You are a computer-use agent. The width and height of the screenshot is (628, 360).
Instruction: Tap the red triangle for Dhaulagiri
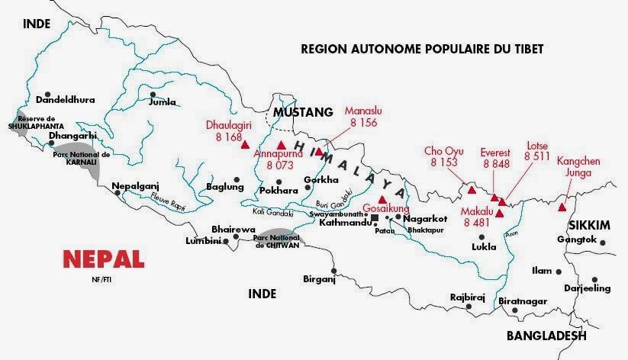(x=245, y=144)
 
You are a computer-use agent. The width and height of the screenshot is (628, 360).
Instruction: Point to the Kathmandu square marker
(x=374, y=218)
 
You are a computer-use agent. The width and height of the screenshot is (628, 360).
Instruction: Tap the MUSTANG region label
(x=303, y=112)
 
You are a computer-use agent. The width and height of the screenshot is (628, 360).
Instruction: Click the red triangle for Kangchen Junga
(x=562, y=207)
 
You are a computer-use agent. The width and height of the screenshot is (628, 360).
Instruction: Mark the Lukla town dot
(x=483, y=236)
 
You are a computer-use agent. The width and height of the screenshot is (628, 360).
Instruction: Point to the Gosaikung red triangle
(x=382, y=199)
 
